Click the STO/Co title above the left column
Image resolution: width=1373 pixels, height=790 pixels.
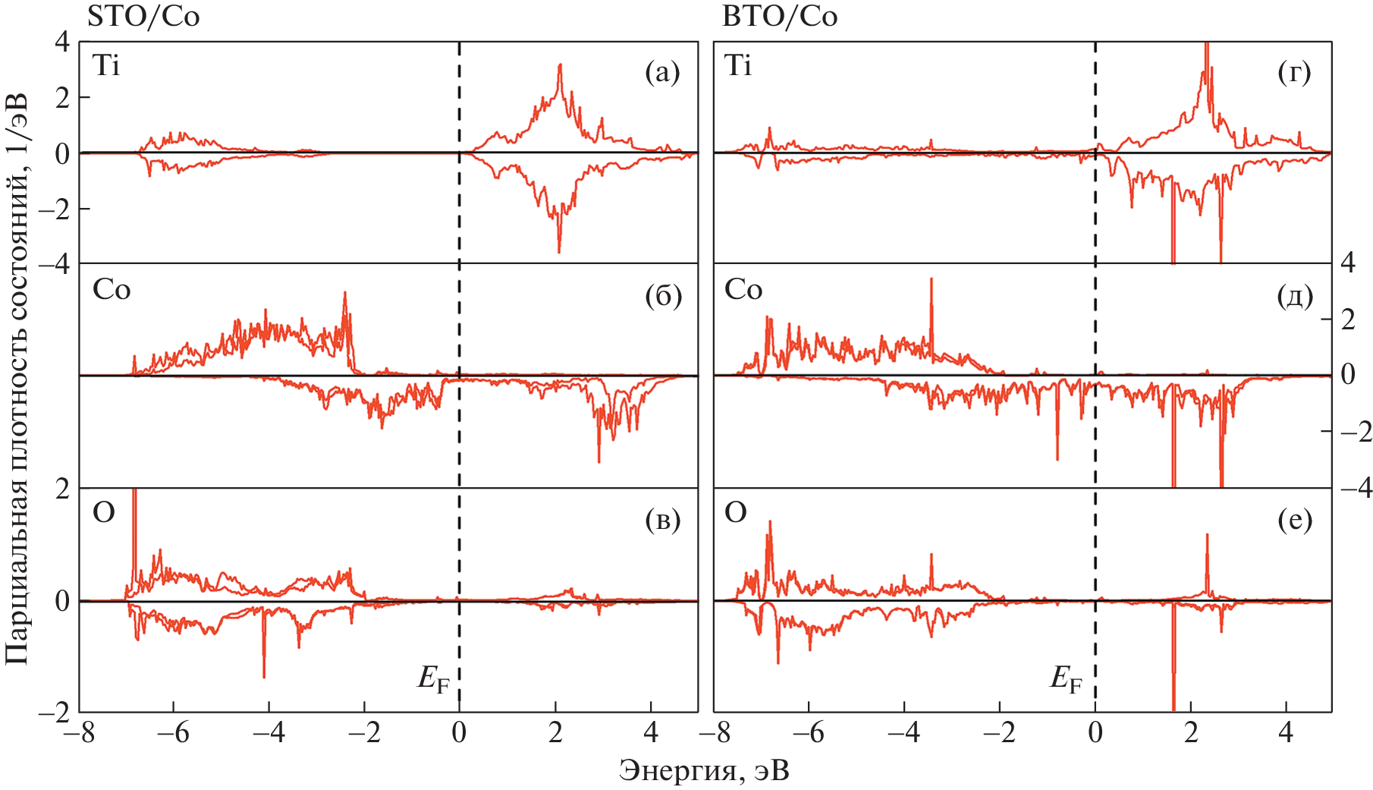(x=143, y=17)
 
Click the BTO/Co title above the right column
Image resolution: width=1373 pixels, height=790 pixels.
(x=780, y=17)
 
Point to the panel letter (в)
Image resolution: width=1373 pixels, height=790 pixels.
(x=662, y=520)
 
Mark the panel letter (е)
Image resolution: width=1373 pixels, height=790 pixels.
(x=1294, y=520)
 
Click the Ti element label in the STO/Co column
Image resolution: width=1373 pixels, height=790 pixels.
(x=106, y=67)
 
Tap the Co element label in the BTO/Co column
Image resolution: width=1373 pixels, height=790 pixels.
(x=743, y=290)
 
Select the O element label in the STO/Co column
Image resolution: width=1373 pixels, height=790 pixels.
(x=104, y=514)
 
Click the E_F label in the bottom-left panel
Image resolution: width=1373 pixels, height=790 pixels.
(x=433, y=678)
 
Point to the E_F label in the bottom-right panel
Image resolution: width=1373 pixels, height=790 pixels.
(x=1066, y=678)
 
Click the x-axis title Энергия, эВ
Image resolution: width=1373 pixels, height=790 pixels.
(x=704, y=771)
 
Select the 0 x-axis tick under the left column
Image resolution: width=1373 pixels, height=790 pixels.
(x=459, y=733)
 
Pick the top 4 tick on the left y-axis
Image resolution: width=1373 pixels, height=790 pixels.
(x=62, y=42)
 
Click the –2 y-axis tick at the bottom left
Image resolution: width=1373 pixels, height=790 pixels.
(x=55, y=712)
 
